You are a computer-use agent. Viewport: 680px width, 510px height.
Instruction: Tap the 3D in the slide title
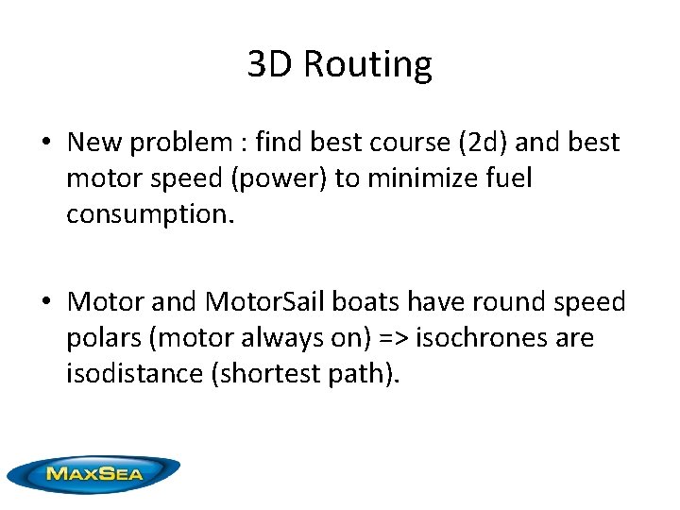(x=271, y=64)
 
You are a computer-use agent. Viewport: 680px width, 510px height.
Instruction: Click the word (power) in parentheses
(x=292, y=178)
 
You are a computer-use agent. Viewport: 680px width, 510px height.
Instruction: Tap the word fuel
(x=506, y=178)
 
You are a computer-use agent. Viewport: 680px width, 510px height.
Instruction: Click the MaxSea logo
(x=93, y=473)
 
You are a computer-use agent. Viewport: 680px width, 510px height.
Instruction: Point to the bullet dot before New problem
(x=45, y=144)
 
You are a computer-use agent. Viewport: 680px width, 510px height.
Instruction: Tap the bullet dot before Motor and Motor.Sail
(x=45, y=303)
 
